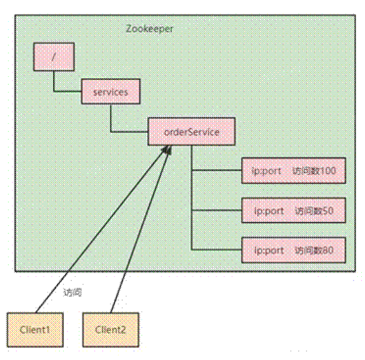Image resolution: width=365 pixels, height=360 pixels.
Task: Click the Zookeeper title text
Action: point(150,29)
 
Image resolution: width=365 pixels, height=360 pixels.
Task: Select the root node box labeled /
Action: point(54,57)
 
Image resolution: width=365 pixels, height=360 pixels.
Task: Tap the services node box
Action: point(111,92)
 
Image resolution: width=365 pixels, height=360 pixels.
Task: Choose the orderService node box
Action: point(192,132)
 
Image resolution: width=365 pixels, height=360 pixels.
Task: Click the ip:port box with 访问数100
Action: point(294,170)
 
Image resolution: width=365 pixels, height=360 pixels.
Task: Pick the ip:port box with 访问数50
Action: point(294,210)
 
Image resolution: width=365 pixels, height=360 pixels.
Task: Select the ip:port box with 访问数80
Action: point(294,250)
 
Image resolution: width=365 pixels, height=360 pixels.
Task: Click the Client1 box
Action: point(35,330)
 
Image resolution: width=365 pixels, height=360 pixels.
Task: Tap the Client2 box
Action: point(111,330)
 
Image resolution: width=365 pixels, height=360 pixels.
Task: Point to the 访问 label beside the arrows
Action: point(72,292)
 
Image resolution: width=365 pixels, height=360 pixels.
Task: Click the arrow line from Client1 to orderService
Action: point(101,229)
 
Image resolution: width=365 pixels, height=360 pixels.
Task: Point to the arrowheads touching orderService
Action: point(168,150)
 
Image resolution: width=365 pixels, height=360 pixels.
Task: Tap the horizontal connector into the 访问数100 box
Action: point(217,170)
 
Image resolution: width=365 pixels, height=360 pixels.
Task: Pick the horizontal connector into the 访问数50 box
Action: point(217,210)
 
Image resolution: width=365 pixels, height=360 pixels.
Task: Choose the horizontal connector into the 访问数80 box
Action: point(217,250)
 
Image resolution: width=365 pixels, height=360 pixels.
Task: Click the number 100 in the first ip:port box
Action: point(328,171)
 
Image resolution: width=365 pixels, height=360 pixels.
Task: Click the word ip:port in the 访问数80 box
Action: point(269,251)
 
